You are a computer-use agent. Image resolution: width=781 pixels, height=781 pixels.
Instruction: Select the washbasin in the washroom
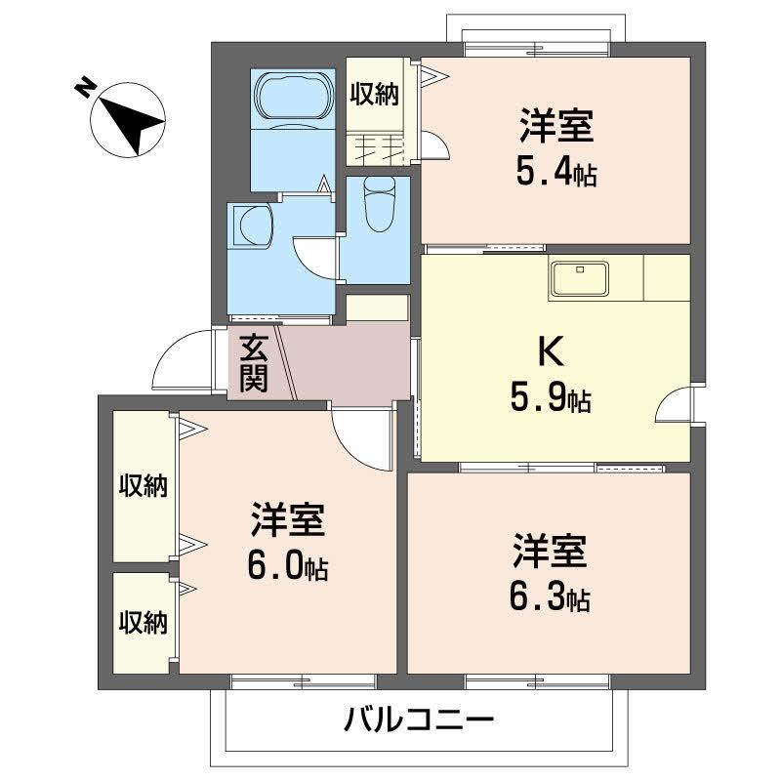click(253, 226)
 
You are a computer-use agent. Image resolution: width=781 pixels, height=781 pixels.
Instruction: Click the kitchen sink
click(580, 278)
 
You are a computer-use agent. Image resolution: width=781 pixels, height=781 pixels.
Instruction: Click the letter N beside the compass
click(85, 90)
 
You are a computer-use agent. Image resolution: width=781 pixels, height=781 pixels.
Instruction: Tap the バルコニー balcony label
click(418, 722)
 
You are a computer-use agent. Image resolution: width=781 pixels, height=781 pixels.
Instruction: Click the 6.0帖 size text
click(288, 567)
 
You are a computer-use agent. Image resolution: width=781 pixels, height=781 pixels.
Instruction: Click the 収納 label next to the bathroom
click(373, 95)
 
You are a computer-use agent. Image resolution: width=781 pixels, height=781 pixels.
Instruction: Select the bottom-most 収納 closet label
click(144, 621)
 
